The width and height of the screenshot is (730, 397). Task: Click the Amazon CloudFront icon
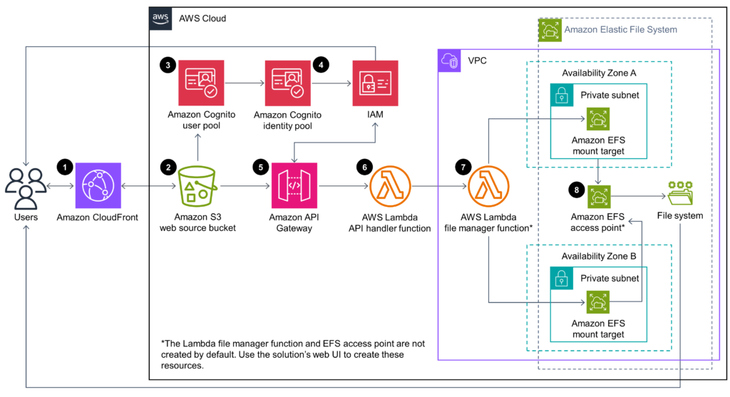[x=98, y=185]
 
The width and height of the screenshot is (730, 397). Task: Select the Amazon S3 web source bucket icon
[x=197, y=186]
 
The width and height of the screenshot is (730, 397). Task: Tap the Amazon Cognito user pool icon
[x=201, y=83]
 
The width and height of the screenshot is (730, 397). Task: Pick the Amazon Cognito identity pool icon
[x=288, y=83]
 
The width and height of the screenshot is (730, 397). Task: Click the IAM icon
[x=375, y=83]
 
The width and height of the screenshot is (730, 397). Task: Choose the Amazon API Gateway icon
[x=294, y=185]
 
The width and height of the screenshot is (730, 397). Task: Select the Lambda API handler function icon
[x=390, y=186]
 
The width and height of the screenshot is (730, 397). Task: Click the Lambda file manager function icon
[x=488, y=186]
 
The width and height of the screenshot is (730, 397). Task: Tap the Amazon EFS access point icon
[x=598, y=197]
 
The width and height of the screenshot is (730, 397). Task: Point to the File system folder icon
[x=680, y=193]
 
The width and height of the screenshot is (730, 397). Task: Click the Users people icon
[x=26, y=188]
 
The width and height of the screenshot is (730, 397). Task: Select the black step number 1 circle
[x=65, y=167]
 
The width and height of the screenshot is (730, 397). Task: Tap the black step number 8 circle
[x=576, y=190]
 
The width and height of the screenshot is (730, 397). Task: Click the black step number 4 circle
[x=321, y=65]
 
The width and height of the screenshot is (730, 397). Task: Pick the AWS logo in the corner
[x=160, y=19]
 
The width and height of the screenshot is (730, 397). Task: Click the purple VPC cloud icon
[x=449, y=61]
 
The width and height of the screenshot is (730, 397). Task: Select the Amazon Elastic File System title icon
[x=550, y=30]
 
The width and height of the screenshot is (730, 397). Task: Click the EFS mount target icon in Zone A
[x=598, y=119]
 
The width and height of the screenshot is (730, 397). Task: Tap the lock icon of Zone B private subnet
[x=562, y=278]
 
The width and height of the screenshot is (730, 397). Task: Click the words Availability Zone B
[x=599, y=256]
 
